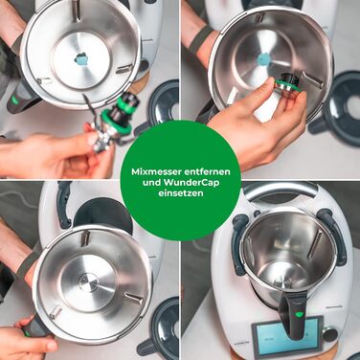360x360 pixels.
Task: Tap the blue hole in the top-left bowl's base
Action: tap(81, 59)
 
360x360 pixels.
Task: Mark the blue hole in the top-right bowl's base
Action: tap(262, 59)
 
